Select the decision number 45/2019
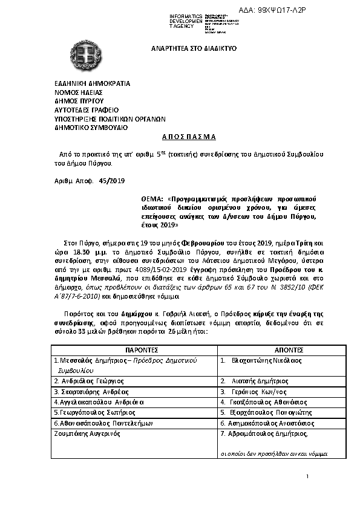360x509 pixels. click(x=111, y=181)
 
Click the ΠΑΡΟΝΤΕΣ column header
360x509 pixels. click(x=133, y=350)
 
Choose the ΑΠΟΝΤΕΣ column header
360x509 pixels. click(x=275, y=350)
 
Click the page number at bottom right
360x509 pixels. click(x=307, y=477)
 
